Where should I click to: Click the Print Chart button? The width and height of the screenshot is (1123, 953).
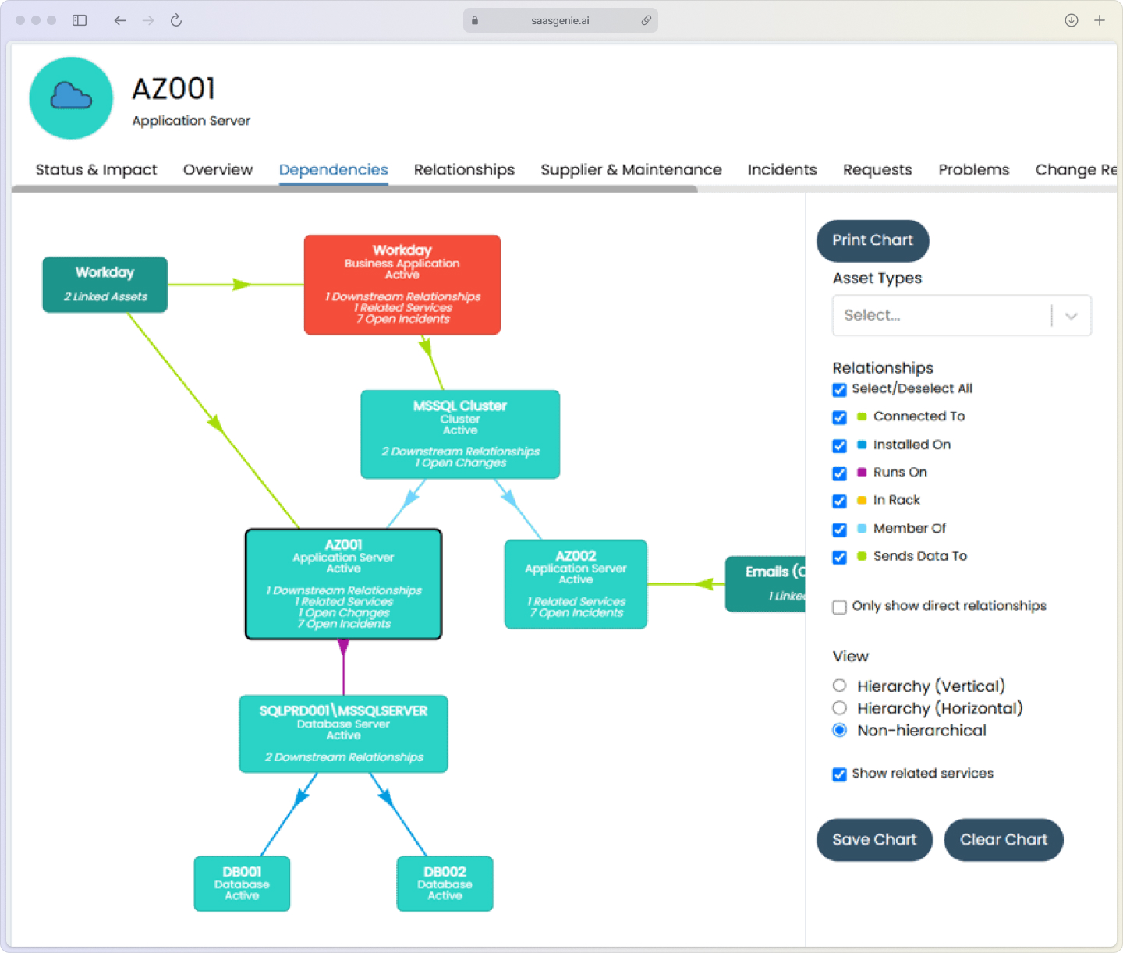coord(872,241)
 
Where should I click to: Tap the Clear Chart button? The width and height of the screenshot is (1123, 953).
coord(1003,840)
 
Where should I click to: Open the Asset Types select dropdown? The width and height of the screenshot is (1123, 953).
coord(961,316)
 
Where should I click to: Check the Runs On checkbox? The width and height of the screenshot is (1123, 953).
coord(839,473)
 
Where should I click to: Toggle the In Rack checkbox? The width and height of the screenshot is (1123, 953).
coord(839,501)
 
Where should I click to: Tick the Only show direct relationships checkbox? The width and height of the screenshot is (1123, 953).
coord(839,607)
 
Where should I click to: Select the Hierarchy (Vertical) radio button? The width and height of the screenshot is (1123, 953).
coord(839,686)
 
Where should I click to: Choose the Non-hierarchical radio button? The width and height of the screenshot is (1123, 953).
coord(839,731)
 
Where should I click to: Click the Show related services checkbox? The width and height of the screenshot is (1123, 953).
coord(839,774)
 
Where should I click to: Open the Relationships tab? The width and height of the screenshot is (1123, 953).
coord(464,170)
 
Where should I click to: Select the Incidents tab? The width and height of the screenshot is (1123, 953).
coord(781,170)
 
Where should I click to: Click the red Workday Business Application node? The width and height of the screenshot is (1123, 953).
coord(402,285)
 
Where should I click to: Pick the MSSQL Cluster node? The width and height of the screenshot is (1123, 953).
coord(460,434)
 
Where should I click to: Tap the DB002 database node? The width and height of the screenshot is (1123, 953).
coord(445,884)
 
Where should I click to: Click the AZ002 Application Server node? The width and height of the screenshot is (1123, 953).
coord(576,584)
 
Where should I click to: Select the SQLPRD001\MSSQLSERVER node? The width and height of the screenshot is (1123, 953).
coord(343,734)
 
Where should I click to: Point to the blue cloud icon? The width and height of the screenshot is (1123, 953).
coord(71,97)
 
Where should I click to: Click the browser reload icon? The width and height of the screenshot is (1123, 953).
coord(176,20)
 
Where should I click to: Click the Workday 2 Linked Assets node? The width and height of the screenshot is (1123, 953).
coord(105,285)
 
